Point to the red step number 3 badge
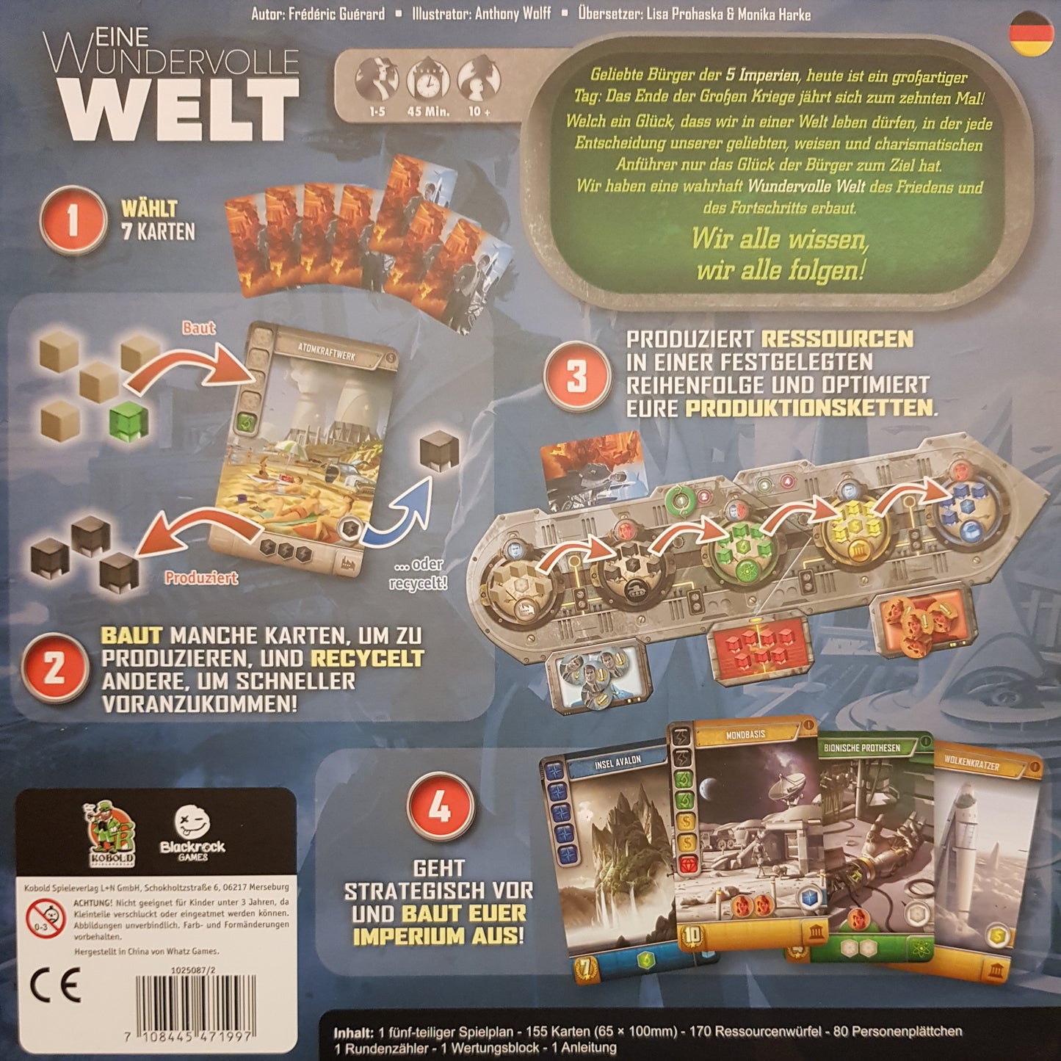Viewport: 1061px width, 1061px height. coord(576,375)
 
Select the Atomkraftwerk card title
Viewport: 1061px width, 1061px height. coord(327,355)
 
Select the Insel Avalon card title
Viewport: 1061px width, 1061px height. coord(618,761)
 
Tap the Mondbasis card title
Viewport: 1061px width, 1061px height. coord(745,734)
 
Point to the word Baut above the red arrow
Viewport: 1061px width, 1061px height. coord(198,327)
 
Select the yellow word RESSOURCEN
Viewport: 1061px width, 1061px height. coord(837,338)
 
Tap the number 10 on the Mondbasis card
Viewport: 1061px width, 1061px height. coord(692,935)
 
